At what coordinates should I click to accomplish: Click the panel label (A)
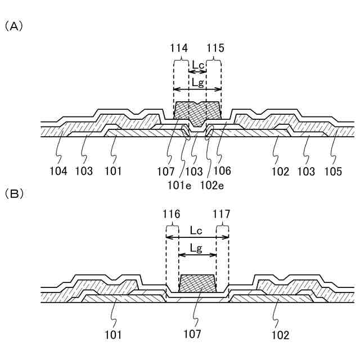(13, 26)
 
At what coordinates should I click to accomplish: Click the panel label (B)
(13, 193)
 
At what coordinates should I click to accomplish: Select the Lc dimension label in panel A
(198, 65)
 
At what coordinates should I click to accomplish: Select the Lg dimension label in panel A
(197, 82)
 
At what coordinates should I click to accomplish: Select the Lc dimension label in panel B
(197, 231)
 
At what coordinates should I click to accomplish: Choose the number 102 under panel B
(280, 335)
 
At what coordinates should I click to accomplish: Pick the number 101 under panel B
(113, 335)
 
